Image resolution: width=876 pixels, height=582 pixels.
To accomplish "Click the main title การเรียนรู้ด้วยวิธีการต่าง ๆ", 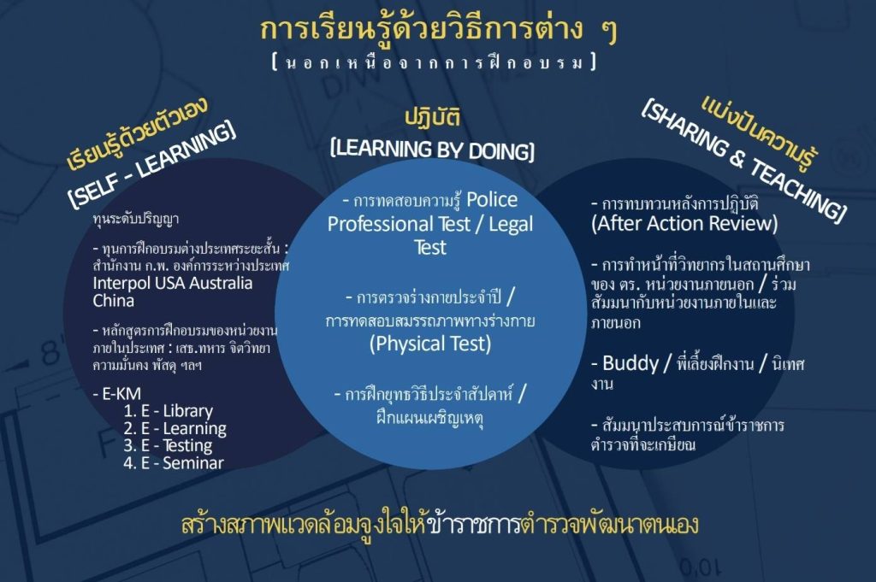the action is (x=439, y=30).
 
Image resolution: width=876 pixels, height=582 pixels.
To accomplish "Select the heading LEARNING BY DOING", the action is (x=432, y=150).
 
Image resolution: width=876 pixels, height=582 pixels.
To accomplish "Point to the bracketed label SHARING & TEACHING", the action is (x=743, y=160).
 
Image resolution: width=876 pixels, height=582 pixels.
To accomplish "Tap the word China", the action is (x=114, y=301).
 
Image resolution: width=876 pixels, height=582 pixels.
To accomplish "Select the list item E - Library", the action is (x=169, y=411).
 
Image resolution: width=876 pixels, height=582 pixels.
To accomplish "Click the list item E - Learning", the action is (x=175, y=428).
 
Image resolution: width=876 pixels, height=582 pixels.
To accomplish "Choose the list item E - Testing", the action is (x=169, y=446).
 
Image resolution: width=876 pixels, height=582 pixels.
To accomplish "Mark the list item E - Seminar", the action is (x=174, y=462).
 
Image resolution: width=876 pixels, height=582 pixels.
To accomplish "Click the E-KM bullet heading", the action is (x=117, y=393).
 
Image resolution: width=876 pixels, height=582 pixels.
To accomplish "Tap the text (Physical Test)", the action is (x=430, y=344).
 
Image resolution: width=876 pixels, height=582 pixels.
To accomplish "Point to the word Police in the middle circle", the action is (x=492, y=200).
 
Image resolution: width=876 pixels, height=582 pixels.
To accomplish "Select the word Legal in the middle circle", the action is (x=511, y=224).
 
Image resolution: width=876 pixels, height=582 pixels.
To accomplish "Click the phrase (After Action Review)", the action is (x=684, y=224).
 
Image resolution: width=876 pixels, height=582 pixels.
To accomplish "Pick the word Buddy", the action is (x=630, y=363).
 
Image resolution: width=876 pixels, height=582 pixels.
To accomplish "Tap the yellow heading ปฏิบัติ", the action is (x=432, y=118).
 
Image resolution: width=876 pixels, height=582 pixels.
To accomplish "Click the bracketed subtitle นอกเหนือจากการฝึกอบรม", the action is (x=435, y=62).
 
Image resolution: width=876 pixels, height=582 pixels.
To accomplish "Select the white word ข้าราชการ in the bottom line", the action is (x=474, y=525).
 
